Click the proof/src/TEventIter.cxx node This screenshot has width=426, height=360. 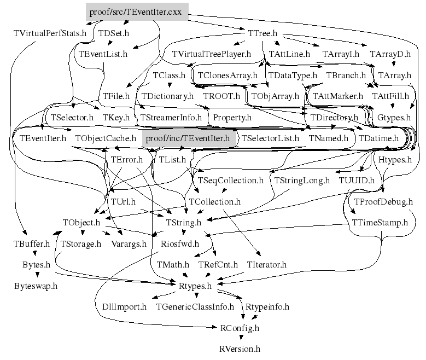tap(137, 11)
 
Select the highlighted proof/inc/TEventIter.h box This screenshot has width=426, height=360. tap(189, 139)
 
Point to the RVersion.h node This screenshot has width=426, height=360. tap(240, 348)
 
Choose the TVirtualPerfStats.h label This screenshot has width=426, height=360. tap(50, 33)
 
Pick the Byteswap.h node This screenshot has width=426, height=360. tap(36, 286)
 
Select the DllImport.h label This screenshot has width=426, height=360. tap(124, 307)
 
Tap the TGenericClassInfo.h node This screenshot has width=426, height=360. tap(195, 307)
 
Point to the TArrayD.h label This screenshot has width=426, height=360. tap(390, 54)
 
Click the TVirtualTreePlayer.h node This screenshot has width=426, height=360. tap(211, 54)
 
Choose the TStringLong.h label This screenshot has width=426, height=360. tap(302, 180)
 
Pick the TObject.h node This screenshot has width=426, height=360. tap(81, 223)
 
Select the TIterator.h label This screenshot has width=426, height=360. tap(267, 265)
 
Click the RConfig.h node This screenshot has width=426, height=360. tap(239, 328)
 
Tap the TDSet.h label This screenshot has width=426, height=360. tap(114, 33)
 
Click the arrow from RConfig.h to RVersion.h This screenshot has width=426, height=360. tap(239, 338)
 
